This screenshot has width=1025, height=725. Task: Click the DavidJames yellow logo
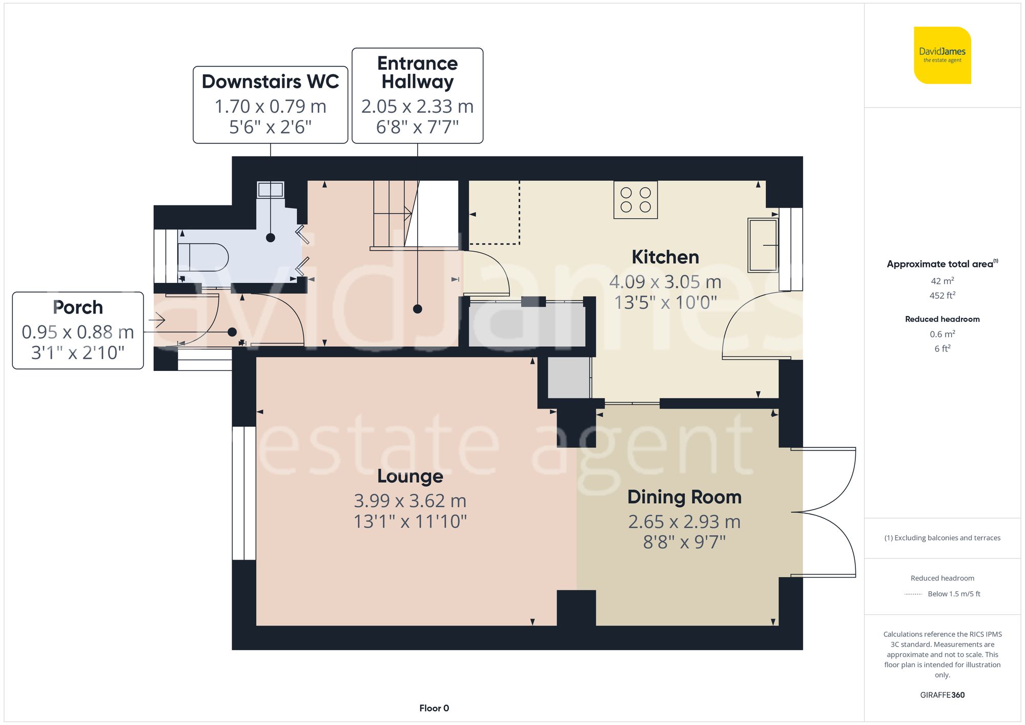click(x=942, y=55)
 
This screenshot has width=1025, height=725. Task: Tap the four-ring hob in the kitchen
click(x=635, y=200)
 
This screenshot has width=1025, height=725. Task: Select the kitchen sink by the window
click(x=763, y=245)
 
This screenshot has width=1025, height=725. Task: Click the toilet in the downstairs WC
click(x=203, y=257)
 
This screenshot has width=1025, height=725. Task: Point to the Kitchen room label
click(x=665, y=257)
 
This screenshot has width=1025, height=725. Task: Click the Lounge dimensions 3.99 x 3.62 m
click(x=410, y=501)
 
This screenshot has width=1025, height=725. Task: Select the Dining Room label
click(x=684, y=497)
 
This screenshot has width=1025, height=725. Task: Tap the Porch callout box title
click(x=78, y=307)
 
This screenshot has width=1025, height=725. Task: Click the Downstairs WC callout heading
click(x=270, y=81)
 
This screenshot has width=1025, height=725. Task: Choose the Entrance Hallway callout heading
click(x=417, y=72)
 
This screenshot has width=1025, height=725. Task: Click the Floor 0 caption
click(x=434, y=708)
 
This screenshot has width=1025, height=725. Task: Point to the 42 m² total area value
click(x=942, y=281)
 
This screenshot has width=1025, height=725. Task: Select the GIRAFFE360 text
click(x=942, y=695)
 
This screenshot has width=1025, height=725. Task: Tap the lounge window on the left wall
click(x=244, y=493)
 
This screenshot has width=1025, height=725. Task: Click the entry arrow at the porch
click(x=157, y=321)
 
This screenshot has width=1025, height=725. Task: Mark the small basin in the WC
click(x=270, y=190)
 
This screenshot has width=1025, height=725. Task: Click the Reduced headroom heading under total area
click(x=942, y=319)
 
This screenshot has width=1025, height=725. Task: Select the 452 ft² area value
click(x=942, y=296)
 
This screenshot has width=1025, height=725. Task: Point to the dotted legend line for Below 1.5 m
click(x=913, y=594)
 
